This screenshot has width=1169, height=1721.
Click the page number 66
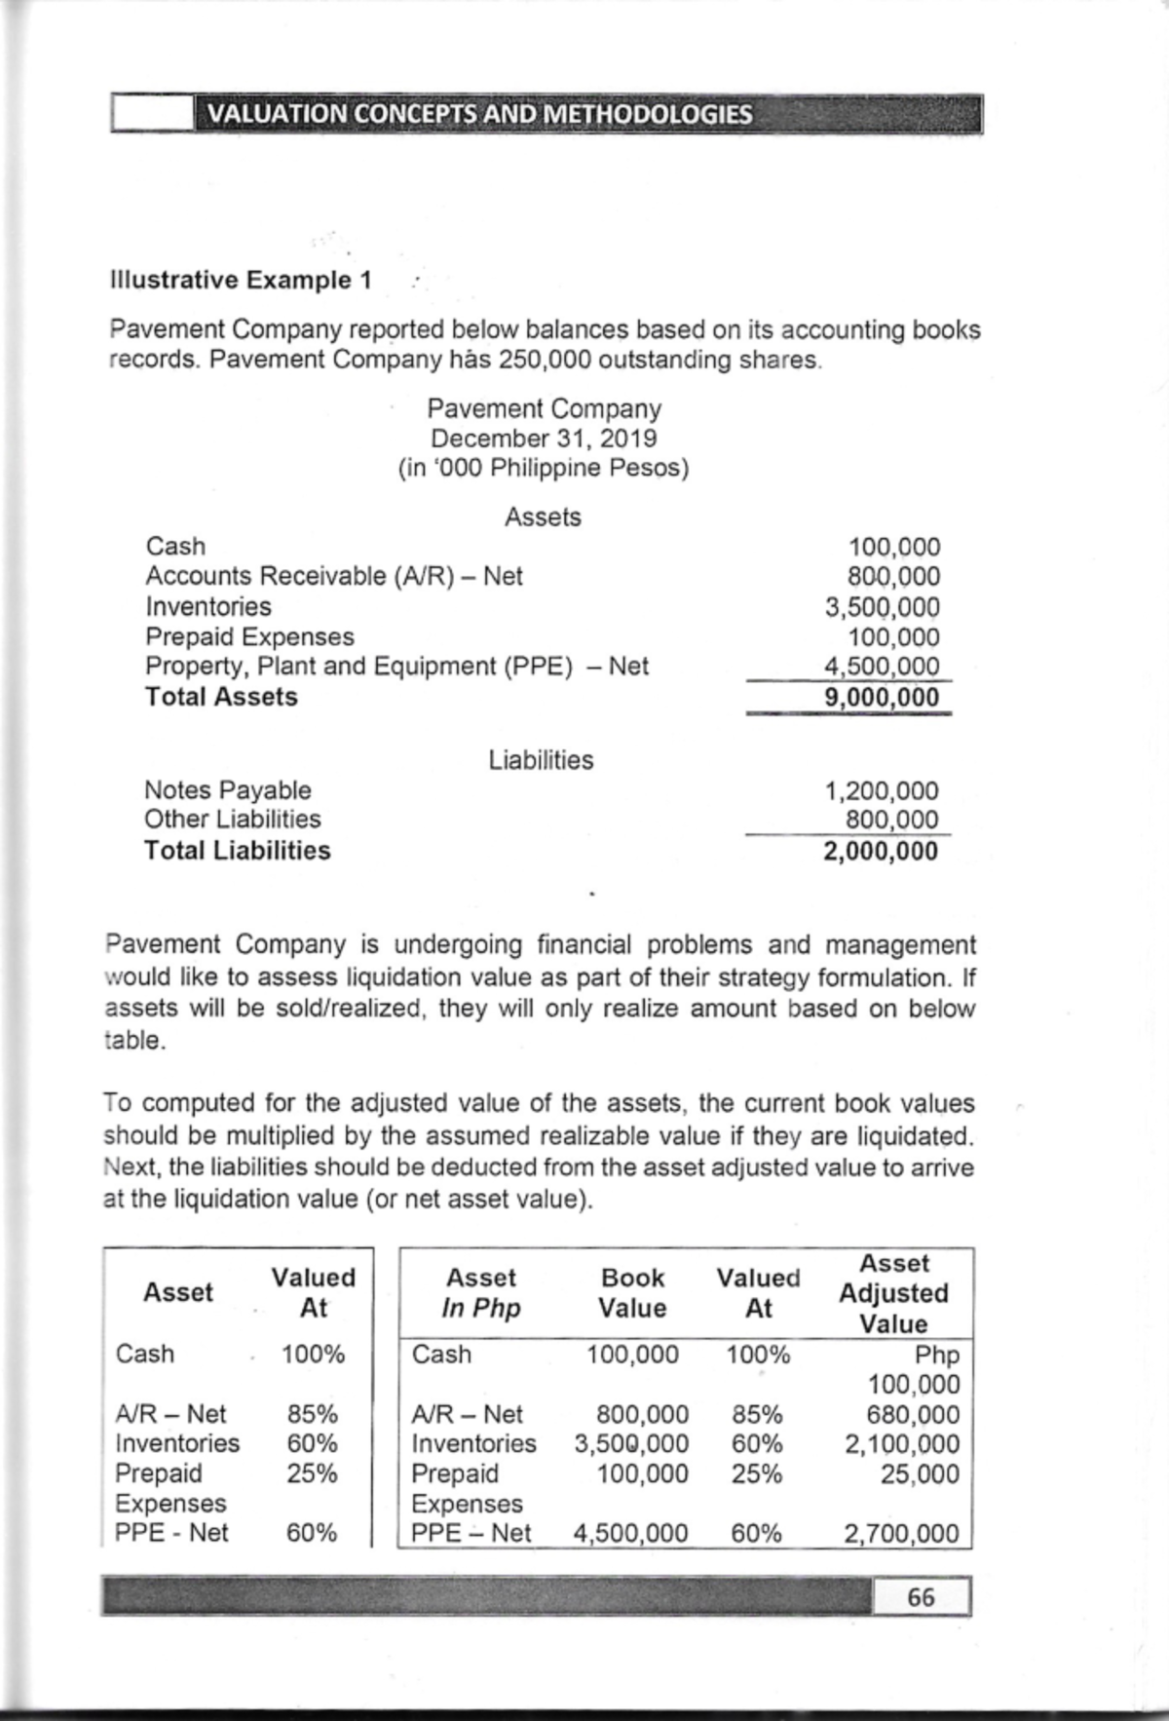[921, 1596]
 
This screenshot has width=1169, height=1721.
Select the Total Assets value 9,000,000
[881, 698]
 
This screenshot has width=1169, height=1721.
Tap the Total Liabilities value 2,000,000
[881, 852]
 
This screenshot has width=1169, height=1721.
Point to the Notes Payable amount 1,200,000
[882, 790]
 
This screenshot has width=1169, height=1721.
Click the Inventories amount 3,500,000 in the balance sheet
[882, 607]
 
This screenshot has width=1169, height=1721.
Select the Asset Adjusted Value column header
[893, 1293]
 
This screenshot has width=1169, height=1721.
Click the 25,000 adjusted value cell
[920, 1473]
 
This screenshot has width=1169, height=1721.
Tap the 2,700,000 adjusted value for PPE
[901, 1534]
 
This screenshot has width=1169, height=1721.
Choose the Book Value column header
[632, 1292]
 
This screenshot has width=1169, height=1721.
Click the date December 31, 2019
[544, 439]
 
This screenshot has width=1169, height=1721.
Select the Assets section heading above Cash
[543, 516]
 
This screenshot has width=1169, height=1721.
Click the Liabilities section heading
[541, 760]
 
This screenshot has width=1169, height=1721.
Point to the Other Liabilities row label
[232, 820]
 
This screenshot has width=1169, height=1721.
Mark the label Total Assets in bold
[221, 698]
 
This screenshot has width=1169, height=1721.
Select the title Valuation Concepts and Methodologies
[480, 115]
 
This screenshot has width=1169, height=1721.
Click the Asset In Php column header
[480, 1292]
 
